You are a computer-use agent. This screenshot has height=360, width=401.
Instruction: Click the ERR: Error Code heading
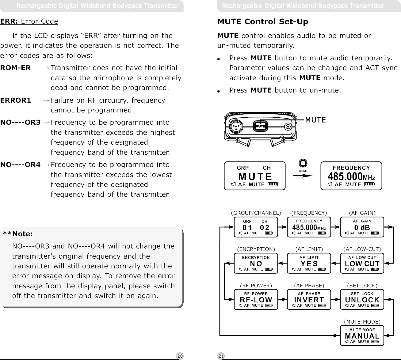[29, 21]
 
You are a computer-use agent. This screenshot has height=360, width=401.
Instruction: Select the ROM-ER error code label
[16, 68]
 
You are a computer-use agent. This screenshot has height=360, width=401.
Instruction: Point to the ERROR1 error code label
[16, 100]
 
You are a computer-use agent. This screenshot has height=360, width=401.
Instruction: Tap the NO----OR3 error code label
[20, 123]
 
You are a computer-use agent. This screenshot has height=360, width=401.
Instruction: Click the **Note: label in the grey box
[18, 234]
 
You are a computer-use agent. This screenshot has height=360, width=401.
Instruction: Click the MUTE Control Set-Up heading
[262, 22]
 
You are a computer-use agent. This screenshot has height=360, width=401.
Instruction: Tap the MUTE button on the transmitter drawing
[260, 126]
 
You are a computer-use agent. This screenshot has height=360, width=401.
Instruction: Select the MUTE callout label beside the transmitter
[315, 120]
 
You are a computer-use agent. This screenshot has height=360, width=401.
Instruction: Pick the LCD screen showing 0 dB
[362, 227]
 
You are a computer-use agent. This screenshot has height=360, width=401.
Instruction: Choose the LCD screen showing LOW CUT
[362, 263]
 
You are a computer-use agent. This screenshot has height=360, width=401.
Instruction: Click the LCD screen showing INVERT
[309, 299]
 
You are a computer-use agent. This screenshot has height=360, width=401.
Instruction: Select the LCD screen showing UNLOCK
[362, 299]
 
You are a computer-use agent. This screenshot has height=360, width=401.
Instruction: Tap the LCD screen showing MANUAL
[362, 335]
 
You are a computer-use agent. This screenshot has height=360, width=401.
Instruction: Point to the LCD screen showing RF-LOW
[256, 299]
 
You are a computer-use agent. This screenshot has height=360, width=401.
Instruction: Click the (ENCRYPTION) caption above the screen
[256, 249]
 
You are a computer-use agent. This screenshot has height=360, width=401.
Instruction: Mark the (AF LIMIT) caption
[309, 249]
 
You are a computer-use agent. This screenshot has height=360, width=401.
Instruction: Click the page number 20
[180, 356]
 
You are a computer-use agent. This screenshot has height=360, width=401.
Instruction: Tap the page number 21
[221, 356]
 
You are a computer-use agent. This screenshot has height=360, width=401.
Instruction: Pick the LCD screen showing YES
[309, 263]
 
